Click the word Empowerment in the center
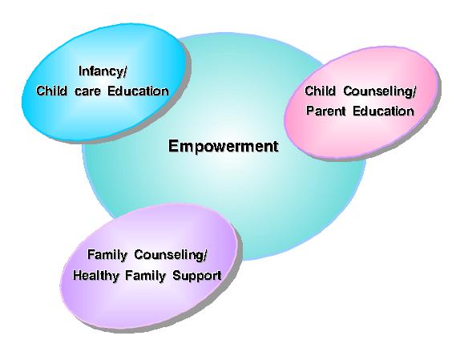coord(223,147)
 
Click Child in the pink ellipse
coord(320,91)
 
